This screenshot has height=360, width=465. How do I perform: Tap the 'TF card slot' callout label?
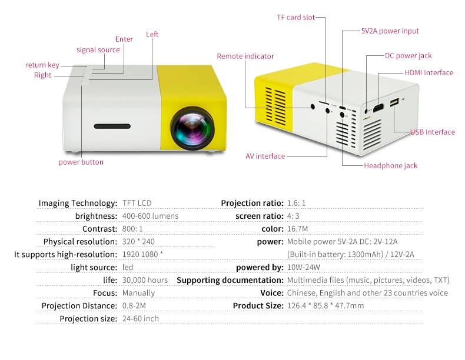[296, 18]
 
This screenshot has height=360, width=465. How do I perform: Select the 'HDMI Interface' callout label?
[429, 73]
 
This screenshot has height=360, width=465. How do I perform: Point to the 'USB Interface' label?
[433, 132]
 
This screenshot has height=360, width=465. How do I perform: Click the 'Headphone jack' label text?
[390, 166]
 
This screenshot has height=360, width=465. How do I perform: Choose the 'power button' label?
[81, 162]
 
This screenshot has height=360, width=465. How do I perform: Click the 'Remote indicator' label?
[245, 56]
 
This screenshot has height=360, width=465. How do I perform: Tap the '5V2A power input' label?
[390, 31]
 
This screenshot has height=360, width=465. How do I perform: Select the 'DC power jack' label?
[408, 56]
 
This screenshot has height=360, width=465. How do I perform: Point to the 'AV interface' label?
[265, 156]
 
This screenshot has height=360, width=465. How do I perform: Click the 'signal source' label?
[98, 50]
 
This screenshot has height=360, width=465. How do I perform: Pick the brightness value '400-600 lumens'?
[150, 216]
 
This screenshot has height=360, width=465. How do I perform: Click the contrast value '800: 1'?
[132, 229]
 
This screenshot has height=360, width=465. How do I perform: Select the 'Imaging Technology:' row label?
[78, 204]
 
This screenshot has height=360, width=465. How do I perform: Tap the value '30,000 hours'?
[145, 281]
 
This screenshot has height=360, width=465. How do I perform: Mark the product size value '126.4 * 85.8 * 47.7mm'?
[325, 306]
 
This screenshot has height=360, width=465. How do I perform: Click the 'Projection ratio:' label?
[252, 204]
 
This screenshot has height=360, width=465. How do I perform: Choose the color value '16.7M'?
[297, 229]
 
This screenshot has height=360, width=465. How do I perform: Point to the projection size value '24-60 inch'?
[140, 319]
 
